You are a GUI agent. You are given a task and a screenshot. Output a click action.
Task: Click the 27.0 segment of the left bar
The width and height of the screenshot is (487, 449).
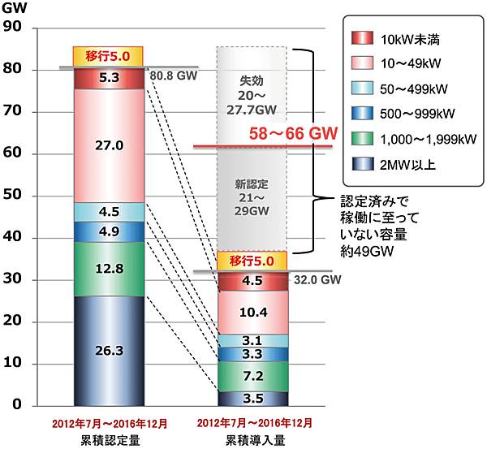click(108, 145)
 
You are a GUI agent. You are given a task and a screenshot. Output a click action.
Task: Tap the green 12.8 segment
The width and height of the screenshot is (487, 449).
click(108, 269)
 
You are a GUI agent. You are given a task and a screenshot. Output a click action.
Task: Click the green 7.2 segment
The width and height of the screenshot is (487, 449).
click(252, 376)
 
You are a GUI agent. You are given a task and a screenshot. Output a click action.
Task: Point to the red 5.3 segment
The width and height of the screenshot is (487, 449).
click(108, 79)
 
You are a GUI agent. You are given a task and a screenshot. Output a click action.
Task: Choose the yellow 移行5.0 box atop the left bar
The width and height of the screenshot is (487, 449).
click(108, 57)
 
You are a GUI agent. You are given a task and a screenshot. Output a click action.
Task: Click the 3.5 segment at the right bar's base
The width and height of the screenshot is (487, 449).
click(252, 399)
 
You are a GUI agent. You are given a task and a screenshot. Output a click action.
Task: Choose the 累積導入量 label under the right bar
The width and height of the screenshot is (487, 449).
click(252, 438)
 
